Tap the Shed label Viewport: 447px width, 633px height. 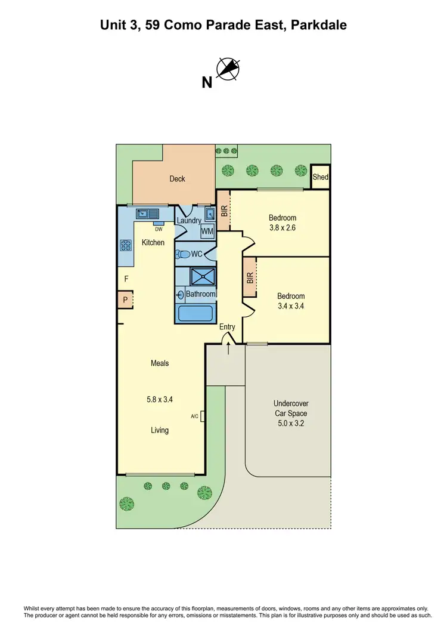pos(321,177)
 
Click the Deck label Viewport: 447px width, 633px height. pos(177,178)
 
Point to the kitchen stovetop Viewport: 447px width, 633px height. pos(126,245)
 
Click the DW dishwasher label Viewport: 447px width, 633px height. pos(159,229)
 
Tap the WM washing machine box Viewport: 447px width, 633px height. pos(207,231)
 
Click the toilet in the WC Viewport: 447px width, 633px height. pos(184,254)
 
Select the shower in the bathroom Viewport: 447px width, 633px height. pos(202,276)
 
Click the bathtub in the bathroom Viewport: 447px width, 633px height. pos(195,313)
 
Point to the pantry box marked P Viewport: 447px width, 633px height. pos(125,300)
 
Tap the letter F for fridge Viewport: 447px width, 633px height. pos(126,279)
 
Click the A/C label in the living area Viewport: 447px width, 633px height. pos(194,416)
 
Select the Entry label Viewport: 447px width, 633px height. pos(227,327)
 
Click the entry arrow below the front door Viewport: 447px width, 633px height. pos(228,348)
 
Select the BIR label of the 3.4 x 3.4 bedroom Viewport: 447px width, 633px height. pos(250,277)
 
